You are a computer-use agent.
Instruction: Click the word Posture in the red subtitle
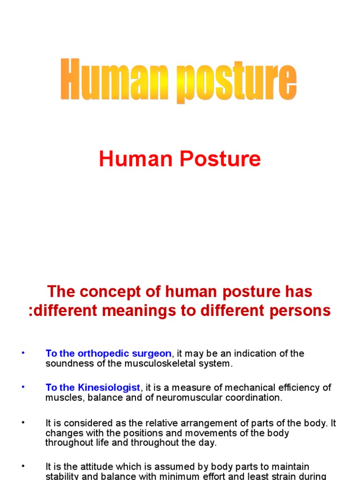click(220, 159)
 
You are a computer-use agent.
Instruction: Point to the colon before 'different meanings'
click(31, 311)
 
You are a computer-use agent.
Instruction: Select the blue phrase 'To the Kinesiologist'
click(93, 388)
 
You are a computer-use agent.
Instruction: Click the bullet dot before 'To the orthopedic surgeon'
click(23, 352)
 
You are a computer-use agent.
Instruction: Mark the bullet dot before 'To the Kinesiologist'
click(23, 387)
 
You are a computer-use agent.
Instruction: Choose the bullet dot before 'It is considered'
click(23, 422)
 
